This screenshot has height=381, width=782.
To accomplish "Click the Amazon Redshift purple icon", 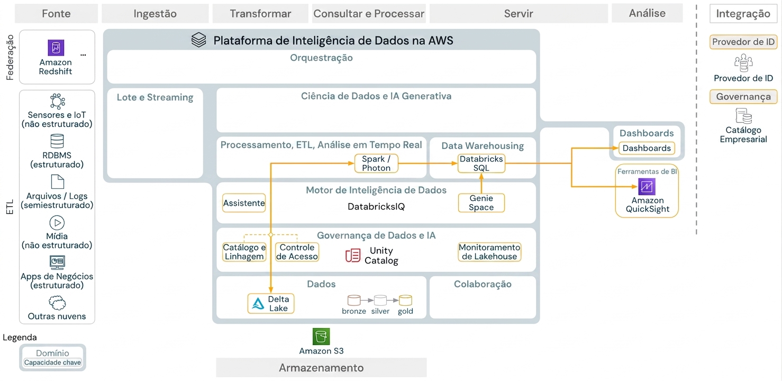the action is click(x=56, y=48).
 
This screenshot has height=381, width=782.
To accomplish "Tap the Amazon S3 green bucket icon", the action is click(x=321, y=337).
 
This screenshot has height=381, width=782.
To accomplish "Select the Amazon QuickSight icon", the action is click(x=647, y=186).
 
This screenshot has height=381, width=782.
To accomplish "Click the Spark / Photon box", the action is click(x=376, y=164).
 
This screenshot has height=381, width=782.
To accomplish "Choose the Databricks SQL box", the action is click(x=481, y=164).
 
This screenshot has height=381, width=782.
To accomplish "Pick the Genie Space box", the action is click(x=481, y=203).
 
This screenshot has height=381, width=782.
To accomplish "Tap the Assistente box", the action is click(x=244, y=203).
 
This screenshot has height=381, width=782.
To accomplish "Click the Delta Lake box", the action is click(x=271, y=303).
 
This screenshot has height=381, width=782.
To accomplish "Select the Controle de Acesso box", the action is click(x=297, y=252).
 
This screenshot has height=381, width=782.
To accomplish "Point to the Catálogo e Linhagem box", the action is click(x=244, y=252).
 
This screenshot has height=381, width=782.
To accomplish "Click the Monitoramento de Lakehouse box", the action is click(x=489, y=252).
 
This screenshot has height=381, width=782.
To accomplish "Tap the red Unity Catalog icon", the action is click(x=352, y=256).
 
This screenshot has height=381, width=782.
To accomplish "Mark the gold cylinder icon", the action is click(x=405, y=300).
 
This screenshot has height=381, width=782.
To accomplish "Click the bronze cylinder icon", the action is click(x=353, y=300).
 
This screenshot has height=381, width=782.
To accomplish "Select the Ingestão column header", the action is click(x=155, y=14).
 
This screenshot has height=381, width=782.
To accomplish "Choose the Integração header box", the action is click(x=743, y=14).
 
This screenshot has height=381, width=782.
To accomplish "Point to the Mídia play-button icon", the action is click(x=57, y=223).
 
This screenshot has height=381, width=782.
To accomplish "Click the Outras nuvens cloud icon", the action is click(x=57, y=303).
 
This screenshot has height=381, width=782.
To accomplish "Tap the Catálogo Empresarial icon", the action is click(x=743, y=116).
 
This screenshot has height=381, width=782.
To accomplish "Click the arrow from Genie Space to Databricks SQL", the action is click(x=481, y=183).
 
